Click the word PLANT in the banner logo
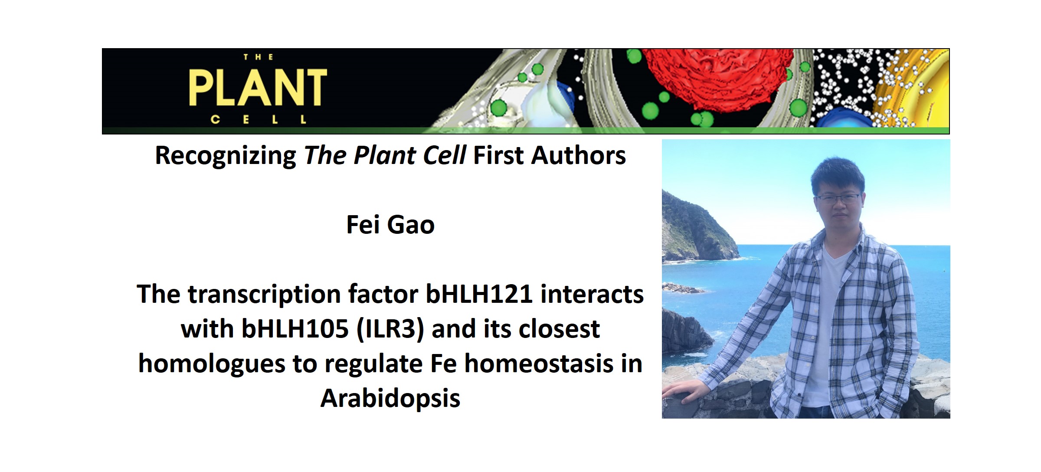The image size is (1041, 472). [x=258, y=88]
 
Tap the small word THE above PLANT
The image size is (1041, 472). [x=258, y=57]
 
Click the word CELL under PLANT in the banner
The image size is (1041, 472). [x=259, y=119]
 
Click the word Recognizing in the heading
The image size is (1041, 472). [x=226, y=155]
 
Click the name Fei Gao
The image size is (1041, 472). [x=390, y=225]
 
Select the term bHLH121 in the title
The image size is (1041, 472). [x=479, y=294]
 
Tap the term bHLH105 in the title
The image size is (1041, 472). [x=295, y=329]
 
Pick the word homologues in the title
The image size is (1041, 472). [x=212, y=364]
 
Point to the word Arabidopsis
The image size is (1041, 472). [x=390, y=398]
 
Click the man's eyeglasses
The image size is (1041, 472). [x=838, y=199]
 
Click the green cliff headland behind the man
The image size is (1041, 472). [x=694, y=230]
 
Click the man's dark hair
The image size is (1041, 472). [x=837, y=174]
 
